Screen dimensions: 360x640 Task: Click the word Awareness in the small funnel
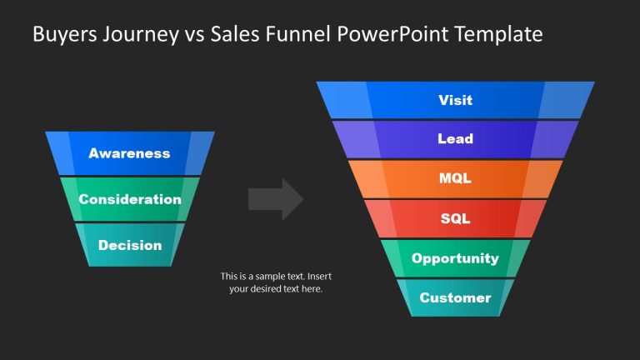(129, 153)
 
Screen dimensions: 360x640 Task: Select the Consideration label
(129, 200)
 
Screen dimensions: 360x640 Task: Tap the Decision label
(130, 246)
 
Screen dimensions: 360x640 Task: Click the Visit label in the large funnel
(455, 100)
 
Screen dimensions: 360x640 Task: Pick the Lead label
(455, 139)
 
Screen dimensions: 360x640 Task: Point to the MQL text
(455, 178)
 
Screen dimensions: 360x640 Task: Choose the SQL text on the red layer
(455, 218)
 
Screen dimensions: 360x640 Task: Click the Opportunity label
(455, 258)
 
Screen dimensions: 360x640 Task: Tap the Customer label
(455, 298)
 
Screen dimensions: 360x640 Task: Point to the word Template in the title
(502, 34)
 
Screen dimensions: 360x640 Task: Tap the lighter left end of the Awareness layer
(60, 152)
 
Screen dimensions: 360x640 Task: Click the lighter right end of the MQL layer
(545, 178)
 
